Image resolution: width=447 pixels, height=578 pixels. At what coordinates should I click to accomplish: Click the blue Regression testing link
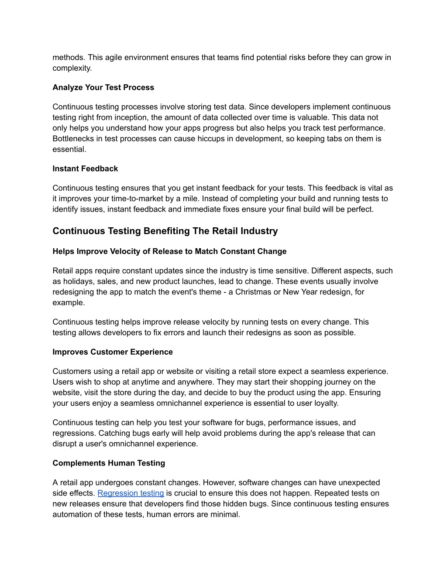point(131,493)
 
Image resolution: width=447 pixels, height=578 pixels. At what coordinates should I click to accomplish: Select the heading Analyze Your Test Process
point(103,87)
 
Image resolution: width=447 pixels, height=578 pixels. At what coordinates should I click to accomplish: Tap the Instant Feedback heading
point(85,168)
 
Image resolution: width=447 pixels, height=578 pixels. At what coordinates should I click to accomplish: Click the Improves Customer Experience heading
point(113,352)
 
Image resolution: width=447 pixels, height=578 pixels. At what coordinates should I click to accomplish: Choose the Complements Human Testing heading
point(109,463)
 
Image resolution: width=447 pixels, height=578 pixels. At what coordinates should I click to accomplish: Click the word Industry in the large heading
point(259,231)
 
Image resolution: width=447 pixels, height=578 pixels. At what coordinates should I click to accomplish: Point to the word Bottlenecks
point(74,138)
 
